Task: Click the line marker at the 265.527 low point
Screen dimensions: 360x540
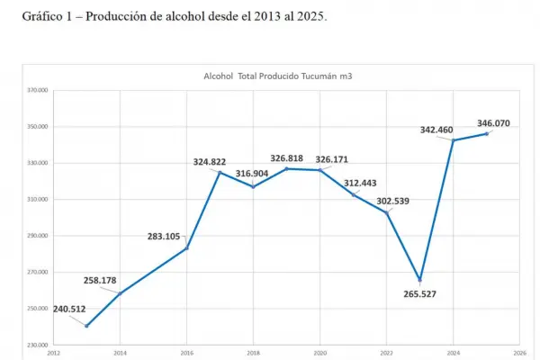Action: [x=420, y=280]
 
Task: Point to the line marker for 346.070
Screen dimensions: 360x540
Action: [x=488, y=134]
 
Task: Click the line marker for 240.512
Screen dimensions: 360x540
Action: [x=86, y=326]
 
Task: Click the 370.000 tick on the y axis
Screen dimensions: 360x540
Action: [x=36, y=91]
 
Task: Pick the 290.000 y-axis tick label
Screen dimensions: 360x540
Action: [x=36, y=236]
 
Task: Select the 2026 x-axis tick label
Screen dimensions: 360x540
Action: [x=520, y=354]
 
